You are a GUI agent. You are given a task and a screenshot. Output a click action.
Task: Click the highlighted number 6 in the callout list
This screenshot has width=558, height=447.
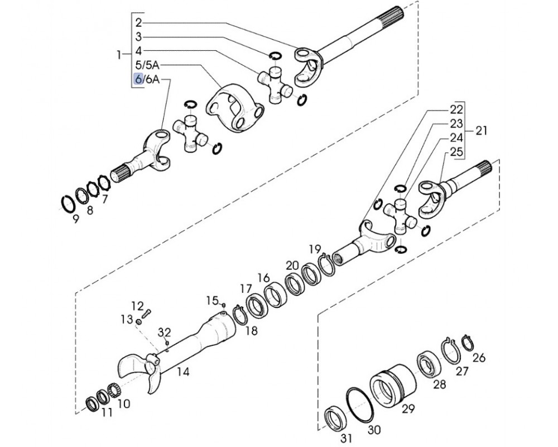pos(138,79)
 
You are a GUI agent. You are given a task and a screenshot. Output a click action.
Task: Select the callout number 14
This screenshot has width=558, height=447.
pos(183,372)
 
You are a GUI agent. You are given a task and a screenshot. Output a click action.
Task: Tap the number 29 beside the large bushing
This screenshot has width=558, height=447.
pos(408,408)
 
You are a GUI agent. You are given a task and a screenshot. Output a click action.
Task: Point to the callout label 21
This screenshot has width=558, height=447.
pos(481,131)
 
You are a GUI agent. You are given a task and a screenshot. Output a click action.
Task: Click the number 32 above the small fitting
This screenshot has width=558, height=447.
pos(165,332)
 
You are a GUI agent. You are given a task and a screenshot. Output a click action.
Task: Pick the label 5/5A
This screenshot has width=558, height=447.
pos(147,65)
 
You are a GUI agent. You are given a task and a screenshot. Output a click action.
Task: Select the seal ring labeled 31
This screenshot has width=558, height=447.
pos(335,418)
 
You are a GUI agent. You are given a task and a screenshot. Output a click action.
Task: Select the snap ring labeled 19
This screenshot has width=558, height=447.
pos(326,264)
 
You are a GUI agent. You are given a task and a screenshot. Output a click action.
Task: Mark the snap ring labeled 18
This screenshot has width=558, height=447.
pos(240,314)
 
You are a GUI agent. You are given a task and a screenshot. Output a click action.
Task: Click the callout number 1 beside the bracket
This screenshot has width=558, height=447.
pos(118,55)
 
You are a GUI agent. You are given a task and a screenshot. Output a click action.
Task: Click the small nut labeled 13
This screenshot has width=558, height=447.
pos(139,322)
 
